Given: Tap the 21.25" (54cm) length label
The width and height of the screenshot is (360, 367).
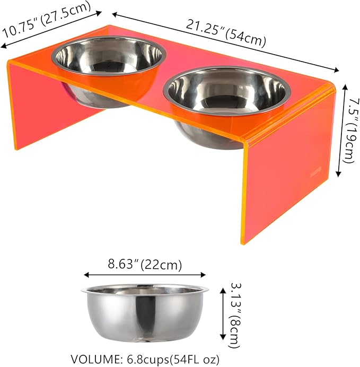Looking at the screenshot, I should point(225,32).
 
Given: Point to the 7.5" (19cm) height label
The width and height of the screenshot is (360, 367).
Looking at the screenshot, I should point(348,129).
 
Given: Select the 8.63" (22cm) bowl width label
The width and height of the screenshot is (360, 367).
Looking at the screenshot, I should point(145,264).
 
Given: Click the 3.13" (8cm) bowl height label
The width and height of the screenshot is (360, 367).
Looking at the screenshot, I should point(234,315).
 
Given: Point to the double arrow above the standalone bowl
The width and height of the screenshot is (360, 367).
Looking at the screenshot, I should point(145,275).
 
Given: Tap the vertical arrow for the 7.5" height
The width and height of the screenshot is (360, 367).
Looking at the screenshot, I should point(339,129).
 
